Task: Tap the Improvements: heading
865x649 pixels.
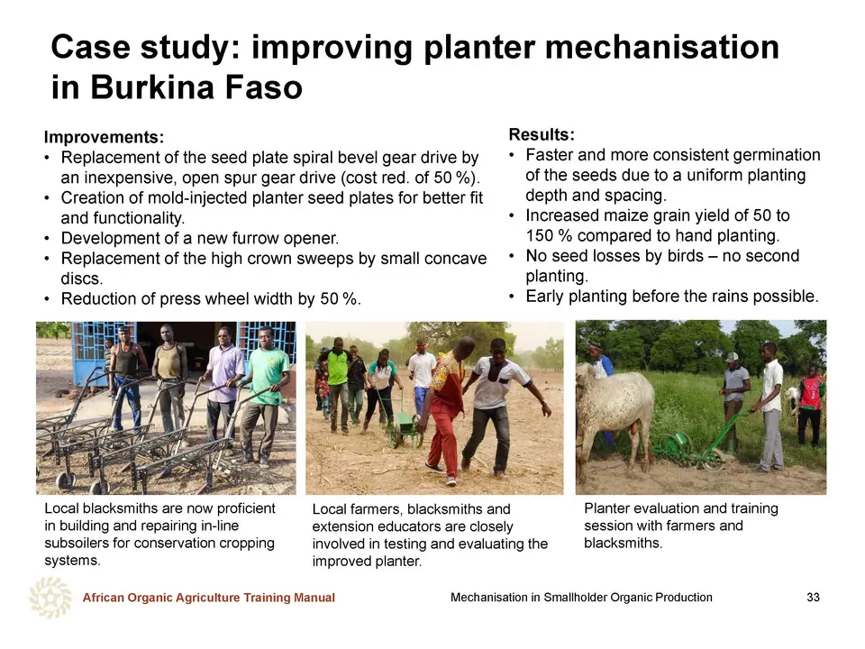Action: tap(104, 137)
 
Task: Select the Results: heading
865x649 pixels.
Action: tap(542, 134)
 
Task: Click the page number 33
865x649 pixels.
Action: tap(813, 597)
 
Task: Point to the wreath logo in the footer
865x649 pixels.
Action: tap(50, 597)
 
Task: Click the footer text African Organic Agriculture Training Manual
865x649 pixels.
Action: tap(208, 598)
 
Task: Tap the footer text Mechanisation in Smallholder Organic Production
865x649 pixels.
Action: tap(581, 597)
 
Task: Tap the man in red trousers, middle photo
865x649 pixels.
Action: tap(451, 411)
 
